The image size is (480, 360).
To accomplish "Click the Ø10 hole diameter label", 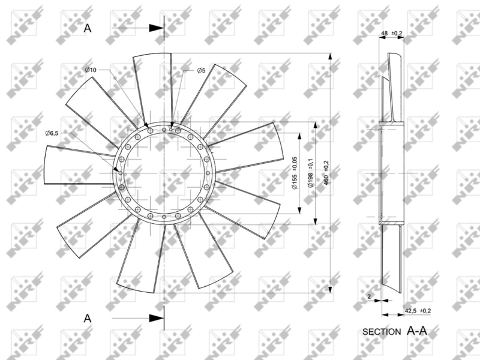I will coord(91,71).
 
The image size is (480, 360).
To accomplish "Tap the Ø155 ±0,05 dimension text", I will coord(295,173).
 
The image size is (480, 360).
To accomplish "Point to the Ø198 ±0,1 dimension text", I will coord(310,173).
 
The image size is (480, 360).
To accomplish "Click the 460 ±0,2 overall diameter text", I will coord(326,172).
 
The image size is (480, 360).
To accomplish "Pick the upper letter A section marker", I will coord(88,28).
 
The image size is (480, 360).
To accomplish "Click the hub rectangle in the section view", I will coord(391,173).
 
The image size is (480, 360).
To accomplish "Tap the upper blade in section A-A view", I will coord(391,87).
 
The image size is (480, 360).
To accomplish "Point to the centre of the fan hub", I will coord(163,173).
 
